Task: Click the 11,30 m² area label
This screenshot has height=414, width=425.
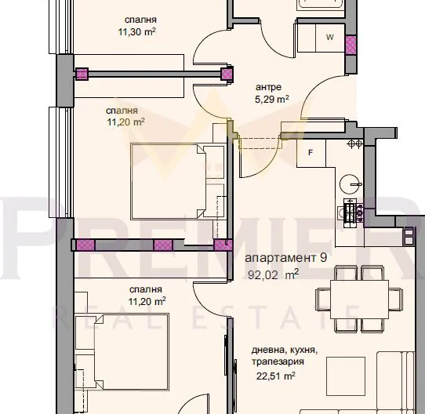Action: pyautogui.click(x=137, y=32)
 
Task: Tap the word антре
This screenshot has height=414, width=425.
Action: pyautogui.click(x=269, y=87)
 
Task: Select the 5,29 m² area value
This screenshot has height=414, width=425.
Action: pyautogui.click(x=271, y=100)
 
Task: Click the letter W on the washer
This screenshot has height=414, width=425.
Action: pyautogui.click(x=330, y=37)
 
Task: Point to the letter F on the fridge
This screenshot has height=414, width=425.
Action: pyautogui.click(x=311, y=153)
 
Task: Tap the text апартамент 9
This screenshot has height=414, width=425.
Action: pyautogui.click(x=286, y=258)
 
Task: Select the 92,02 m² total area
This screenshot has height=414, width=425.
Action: pyautogui.click(x=273, y=274)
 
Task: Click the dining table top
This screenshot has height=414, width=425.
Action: pyautogui.click(x=359, y=300)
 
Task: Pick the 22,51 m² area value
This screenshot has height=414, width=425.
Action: pyautogui.click(x=276, y=376)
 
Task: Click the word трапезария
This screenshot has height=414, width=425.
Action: pyautogui.click(x=278, y=361)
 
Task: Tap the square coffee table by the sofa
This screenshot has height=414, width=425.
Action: pyautogui.click(x=346, y=376)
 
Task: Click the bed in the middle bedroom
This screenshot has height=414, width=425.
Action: pyautogui.click(x=169, y=181)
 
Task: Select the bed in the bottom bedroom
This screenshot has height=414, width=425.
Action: pyautogui.click(x=132, y=351)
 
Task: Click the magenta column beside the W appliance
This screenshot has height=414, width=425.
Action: pyautogui.click(x=351, y=45)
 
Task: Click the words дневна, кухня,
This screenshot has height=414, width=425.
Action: pyautogui.click(x=285, y=350)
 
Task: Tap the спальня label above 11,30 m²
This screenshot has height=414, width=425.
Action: pyautogui.click(x=140, y=20)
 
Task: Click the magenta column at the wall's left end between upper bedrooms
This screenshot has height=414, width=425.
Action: pyautogui.click(x=82, y=74)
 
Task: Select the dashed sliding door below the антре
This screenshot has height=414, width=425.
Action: pyautogui.click(x=260, y=143)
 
